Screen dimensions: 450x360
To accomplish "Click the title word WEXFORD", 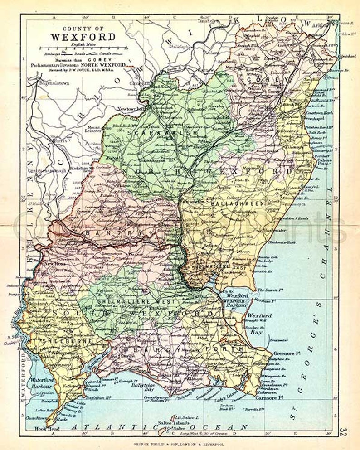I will [83, 37].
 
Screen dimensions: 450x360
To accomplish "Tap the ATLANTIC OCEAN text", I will [160, 427].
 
